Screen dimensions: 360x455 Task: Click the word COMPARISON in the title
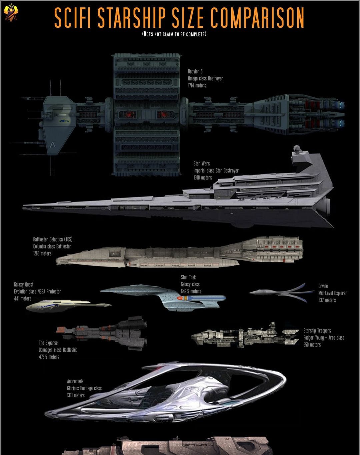(x=257, y=18)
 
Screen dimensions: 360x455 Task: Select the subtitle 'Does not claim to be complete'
(x=174, y=34)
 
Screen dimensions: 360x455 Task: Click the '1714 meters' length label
(x=197, y=85)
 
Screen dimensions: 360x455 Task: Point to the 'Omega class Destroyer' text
(x=205, y=78)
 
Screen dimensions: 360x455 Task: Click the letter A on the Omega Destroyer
(x=52, y=145)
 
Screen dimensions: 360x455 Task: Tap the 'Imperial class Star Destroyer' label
(x=216, y=170)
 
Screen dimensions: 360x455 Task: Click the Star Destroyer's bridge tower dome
(x=297, y=148)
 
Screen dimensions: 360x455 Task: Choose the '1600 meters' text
(x=203, y=177)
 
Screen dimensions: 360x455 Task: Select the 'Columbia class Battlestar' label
(x=52, y=246)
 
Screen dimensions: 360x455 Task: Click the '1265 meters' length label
(x=42, y=253)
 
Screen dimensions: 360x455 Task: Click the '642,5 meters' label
(x=191, y=291)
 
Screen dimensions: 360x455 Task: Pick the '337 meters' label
(x=327, y=300)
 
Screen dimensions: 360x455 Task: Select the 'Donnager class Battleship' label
(x=58, y=350)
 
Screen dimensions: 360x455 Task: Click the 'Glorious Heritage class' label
(x=84, y=388)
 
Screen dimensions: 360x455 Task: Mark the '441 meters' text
(x=23, y=299)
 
